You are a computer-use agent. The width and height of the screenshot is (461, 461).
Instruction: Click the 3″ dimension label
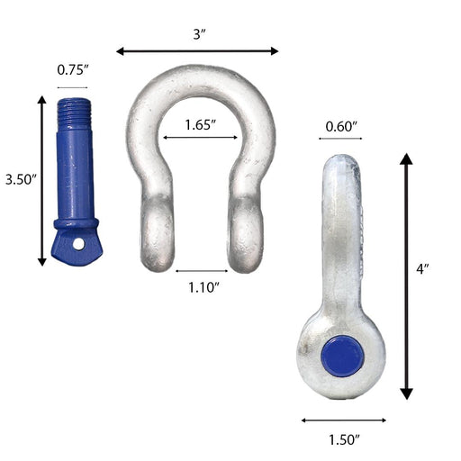199,34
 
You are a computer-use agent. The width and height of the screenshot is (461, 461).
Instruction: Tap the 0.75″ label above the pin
73,70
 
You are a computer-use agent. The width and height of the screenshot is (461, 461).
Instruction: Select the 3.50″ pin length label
21,179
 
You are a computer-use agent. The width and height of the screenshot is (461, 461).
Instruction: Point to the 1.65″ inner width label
201,125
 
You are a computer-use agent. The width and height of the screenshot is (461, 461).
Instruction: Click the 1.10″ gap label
203,287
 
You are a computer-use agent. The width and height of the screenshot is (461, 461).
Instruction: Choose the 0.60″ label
341,127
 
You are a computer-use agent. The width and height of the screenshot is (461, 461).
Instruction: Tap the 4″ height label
422,269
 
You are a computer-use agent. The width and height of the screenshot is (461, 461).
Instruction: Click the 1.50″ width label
344,440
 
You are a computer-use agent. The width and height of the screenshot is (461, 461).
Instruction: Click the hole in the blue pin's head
78,244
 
